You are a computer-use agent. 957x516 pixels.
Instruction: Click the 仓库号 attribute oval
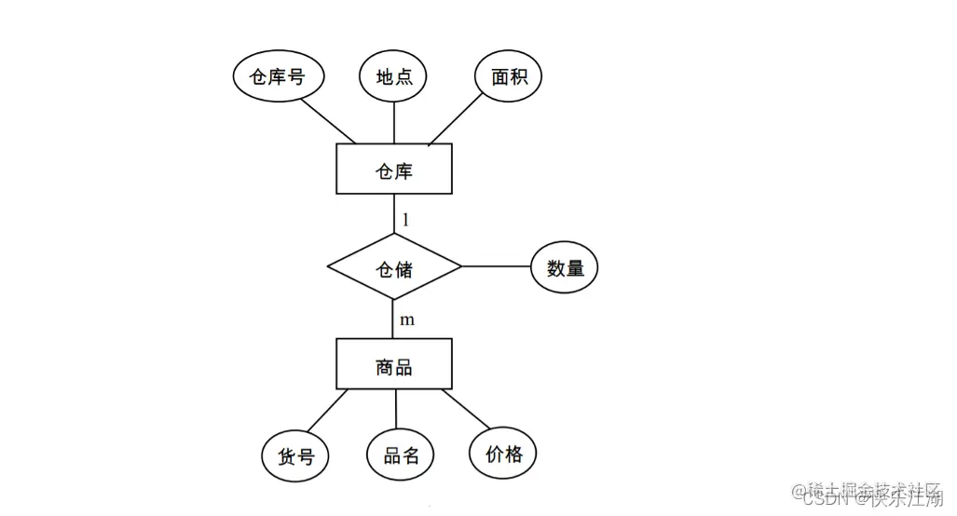pyautogui.click(x=277, y=77)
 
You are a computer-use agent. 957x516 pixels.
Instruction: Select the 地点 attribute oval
pyautogui.click(x=394, y=77)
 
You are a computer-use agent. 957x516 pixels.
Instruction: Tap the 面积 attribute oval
pyautogui.click(x=509, y=77)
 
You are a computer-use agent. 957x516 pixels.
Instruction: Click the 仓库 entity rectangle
pyautogui.click(x=394, y=170)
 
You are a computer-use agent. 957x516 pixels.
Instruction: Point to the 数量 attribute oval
pyautogui.click(x=565, y=267)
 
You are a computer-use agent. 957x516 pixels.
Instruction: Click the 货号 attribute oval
pyautogui.click(x=296, y=455)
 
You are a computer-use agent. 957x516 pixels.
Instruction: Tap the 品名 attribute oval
pyautogui.click(x=401, y=455)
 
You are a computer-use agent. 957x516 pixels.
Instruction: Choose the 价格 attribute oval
pyautogui.click(x=504, y=454)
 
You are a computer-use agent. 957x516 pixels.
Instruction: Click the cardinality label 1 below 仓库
pyautogui.click(x=406, y=221)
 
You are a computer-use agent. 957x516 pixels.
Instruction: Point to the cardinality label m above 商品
pyautogui.click(x=407, y=319)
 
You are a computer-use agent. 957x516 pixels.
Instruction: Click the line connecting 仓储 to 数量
pyautogui.click(x=496, y=267)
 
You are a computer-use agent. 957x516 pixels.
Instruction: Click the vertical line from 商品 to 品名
pyautogui.click(x=396, y=410)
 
